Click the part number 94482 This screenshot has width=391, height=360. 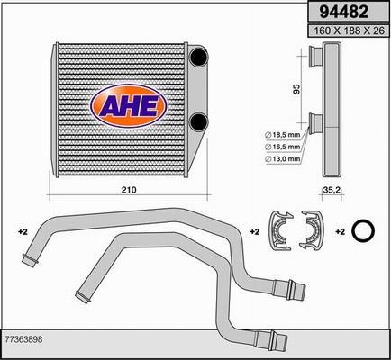344,12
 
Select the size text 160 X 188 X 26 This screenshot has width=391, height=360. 349,31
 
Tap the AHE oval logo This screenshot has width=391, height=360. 129,106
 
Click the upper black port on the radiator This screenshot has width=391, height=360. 199,57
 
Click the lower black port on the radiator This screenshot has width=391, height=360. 199,121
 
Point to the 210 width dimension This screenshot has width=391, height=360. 129,190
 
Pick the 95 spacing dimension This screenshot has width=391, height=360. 296,89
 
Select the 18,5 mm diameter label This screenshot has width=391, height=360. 282,135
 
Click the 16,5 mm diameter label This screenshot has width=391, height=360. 282,147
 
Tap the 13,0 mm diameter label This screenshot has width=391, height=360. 282,159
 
